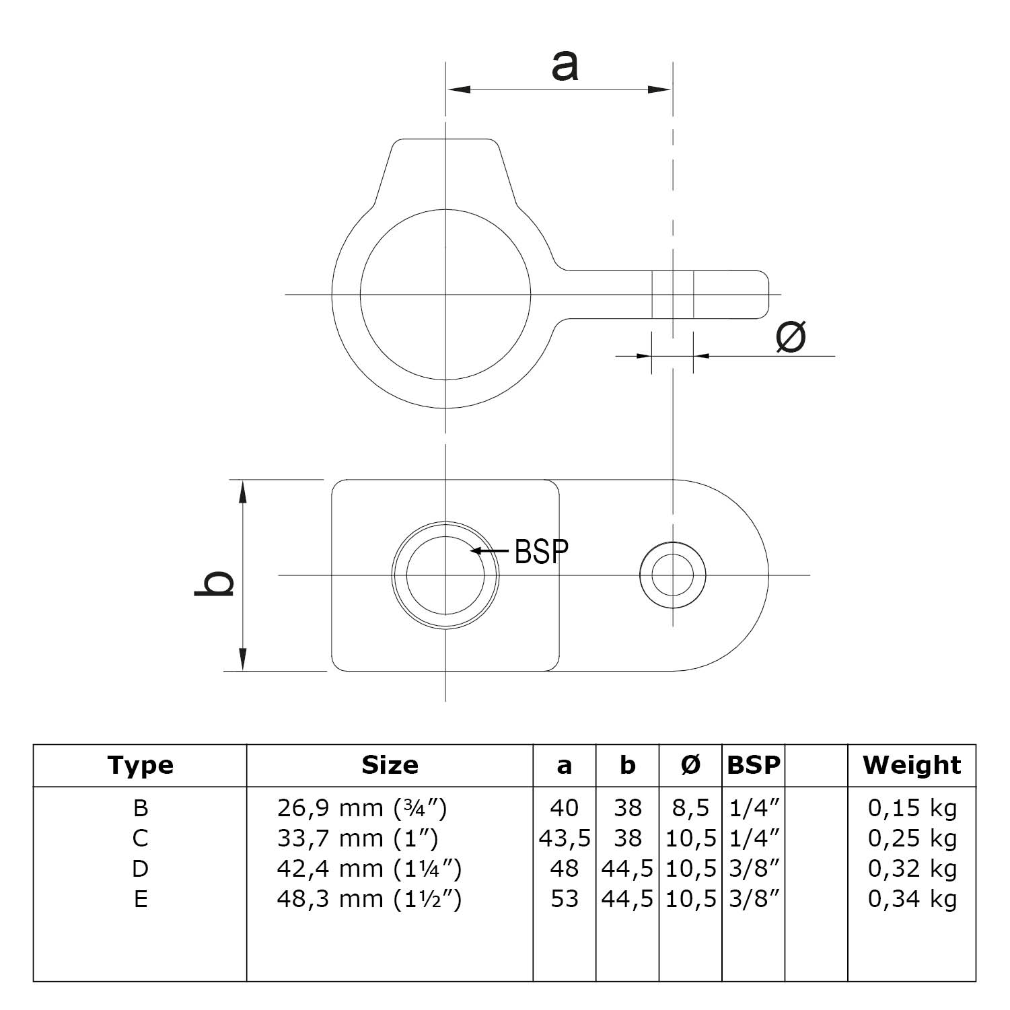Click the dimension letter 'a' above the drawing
tap(564, 67)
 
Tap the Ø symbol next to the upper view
tap(790, 336)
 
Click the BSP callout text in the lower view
tap(541, 551)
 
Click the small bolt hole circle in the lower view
tap(672, 575)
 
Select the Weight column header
tap(912, 765)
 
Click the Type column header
tap(140, 765)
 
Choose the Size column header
tap(390, 765)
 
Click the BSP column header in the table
tap(753, 765)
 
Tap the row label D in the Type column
tap(140, 869)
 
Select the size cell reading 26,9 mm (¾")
tap(362, 807)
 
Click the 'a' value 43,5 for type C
tap(565, 838)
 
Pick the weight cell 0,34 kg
tap(912, 899)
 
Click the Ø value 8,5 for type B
tap(690, 807)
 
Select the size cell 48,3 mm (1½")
tap(369, 899)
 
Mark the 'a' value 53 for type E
tap(564, 899)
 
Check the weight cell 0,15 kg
tap(912, 807)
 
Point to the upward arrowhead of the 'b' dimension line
tap(243, 491)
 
